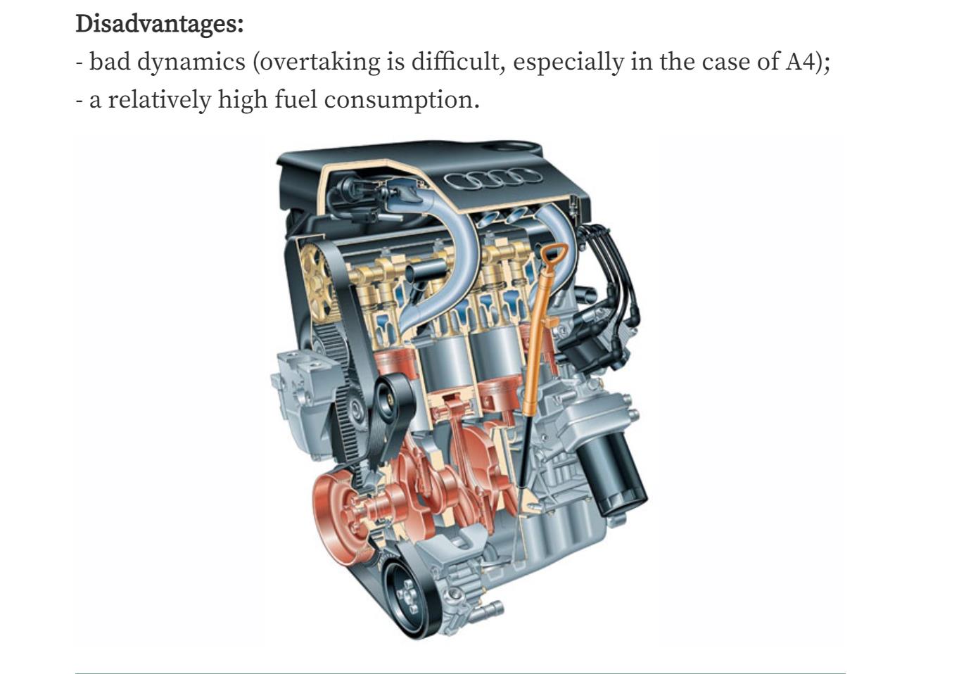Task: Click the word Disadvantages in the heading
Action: (x=159, y=25)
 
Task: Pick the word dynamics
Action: (x=191, y=62)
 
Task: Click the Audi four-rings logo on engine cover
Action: (x=493, y=179)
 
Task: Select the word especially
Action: (x=568, y=62)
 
